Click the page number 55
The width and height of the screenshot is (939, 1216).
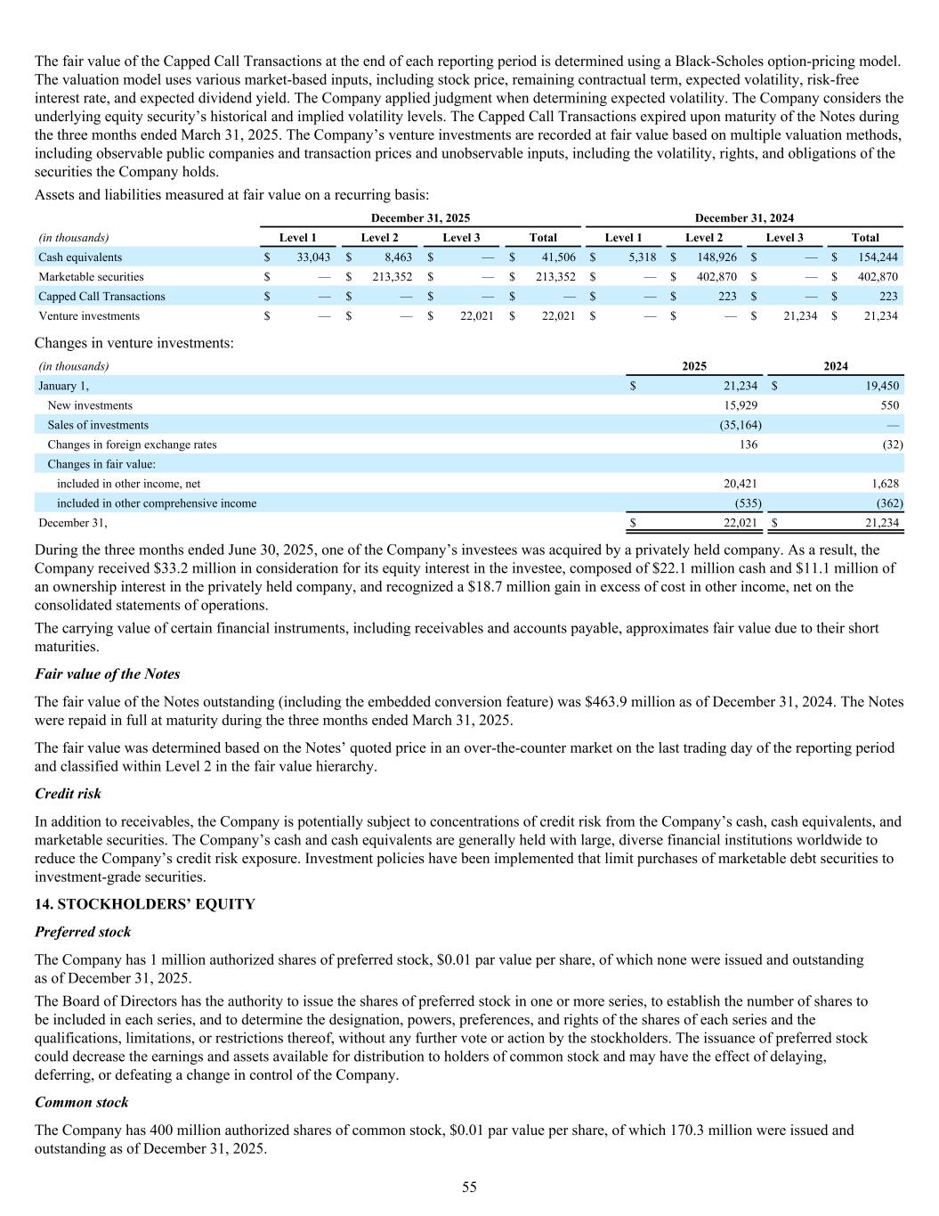[469, 1187]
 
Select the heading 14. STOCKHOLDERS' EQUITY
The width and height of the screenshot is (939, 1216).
[144, 904]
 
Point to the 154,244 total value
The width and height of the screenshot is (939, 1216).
[877, 257]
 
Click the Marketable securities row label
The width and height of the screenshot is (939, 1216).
[91, 277]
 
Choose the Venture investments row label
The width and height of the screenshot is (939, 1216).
[89, 316]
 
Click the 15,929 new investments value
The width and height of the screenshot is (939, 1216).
[741, 405]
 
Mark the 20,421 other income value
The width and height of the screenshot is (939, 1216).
[741, 484]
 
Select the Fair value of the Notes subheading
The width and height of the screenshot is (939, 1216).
[107, 673]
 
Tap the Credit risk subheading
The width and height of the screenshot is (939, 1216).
[68, 793]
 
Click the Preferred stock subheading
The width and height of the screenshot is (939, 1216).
[83, 932]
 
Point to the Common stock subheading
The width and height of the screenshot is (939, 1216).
[81, 1102]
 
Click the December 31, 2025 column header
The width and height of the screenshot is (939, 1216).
[420, 218]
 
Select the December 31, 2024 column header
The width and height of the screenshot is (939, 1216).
[744, 218]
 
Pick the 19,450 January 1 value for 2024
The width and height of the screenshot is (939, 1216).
[880, 386]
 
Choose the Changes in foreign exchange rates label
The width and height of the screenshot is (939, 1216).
[132, 445]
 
